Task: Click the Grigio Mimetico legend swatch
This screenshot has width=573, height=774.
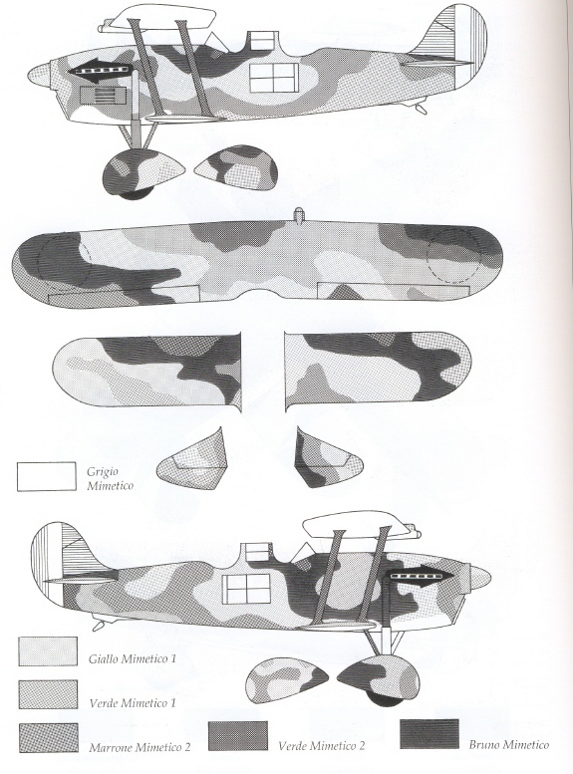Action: pos(47,477)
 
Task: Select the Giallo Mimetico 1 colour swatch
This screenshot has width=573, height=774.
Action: pos(48,651)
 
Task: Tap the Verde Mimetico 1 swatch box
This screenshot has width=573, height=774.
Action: pos(48,694)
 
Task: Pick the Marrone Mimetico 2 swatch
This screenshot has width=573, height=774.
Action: pos(48,738)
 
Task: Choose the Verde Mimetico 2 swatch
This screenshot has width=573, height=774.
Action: pos(238,736)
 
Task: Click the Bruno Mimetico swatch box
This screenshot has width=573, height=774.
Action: pos(429,733)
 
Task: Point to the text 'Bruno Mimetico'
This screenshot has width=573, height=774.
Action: pos(509,744)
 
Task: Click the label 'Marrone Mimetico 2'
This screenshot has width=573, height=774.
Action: pos(140,747)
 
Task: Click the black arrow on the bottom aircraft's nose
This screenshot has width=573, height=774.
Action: pos(420,576)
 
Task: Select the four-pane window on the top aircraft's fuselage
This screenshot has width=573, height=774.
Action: pos(274,78)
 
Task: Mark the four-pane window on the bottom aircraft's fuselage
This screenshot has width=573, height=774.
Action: pos(246,590)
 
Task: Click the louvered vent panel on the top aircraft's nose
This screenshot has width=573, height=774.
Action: pos(104,96)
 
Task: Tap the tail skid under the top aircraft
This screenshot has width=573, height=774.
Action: pos(421,109)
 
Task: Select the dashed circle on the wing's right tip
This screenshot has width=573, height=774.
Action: pos(454,255)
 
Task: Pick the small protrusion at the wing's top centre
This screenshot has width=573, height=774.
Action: pos(298,215)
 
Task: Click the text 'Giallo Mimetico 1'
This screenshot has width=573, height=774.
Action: pos(133,658)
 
